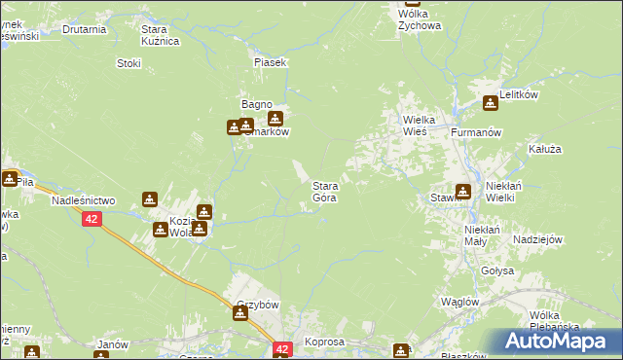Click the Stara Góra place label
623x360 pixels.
pyautogui.click(x=324, y=191)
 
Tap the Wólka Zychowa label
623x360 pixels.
pyautogui.click(x=419, y=19)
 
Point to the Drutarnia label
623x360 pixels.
pyautogui.click(x=84, y=29)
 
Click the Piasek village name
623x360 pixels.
pyautogui.click(x=270, y=62)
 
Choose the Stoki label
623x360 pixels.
pyautogui.click(x=128, y=63)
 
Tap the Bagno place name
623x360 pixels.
pyautogui.click(x=256, y=105)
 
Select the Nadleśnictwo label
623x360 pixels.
pyautogui.click(x=82, y=198)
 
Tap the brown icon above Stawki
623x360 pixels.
pyautogui.click(x=463, y=192)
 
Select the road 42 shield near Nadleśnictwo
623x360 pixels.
pyautogui.click(x=91, y=220)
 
